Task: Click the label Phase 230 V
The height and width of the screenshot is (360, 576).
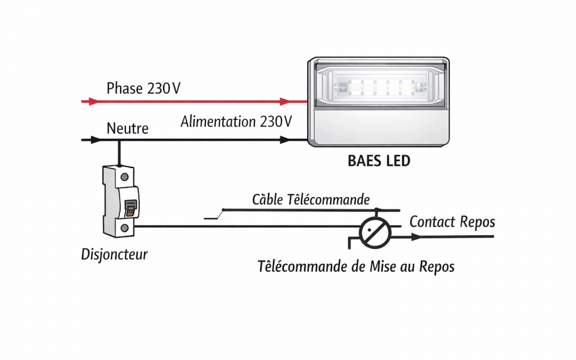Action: tap(143, 88)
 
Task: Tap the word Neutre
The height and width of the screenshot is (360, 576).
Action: tap(127, 129)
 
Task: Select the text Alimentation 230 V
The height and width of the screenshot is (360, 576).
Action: tap(236, 122)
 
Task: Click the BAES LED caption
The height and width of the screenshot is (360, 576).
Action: tap(379, 161)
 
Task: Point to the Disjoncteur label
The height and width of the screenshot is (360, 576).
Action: tap(114, 254)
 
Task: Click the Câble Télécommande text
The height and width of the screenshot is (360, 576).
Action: tap(310, 200)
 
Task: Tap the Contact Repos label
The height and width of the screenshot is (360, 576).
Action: tap(452, 221)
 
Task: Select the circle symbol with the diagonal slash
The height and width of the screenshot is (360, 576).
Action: tap(375, 232)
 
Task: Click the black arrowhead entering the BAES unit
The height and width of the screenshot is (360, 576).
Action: tap(285, 140)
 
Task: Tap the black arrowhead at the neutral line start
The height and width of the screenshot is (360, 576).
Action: tap(95, 140)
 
